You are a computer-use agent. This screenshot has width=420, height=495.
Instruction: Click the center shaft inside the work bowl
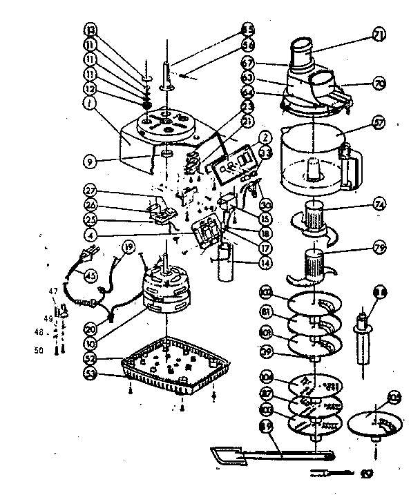point(314,167)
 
